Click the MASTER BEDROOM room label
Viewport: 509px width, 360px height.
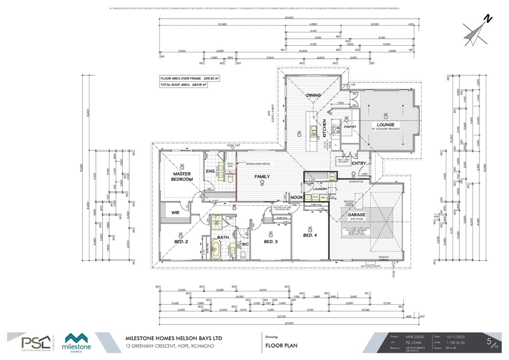pyautogui.click(x=182, y=176)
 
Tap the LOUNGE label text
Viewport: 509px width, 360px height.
pyautogui.click(x=385, y=124)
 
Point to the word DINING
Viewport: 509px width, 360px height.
pyautogui.click(x=313, y=95)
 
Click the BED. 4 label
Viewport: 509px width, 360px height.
pyautogui.click(x=310, y=235)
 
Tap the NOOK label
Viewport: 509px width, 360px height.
pyautogui.click(x=296, y=197)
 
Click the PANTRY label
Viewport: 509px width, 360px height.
pyautogui.click(x=350, y=127)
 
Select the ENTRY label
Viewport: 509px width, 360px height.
pyautogui.click(x=359, y=163)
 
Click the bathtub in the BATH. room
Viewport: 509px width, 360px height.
pyautogui.click(x=216, y=252)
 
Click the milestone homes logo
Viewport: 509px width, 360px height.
pyautogui.click(x=78, y=343)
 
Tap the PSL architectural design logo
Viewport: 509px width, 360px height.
pyautogui.click(x=36, y=343)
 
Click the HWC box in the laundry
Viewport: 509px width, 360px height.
pyautogui.click(x=332, y=176)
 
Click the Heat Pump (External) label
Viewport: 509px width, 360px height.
pyautogui.click(x=370, y=265)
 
